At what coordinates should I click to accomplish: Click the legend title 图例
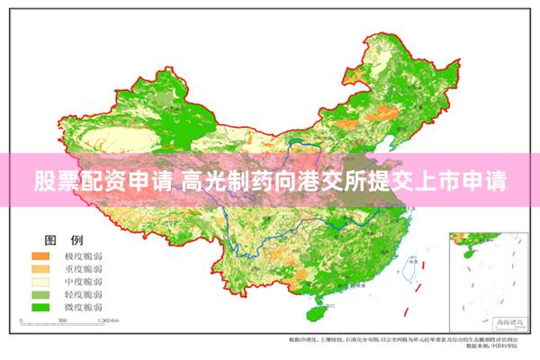pos(64,240)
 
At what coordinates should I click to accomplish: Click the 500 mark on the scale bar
pos(61,320)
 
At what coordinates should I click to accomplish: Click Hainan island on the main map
pos(316,312)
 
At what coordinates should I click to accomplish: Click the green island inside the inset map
pos(463,240)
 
